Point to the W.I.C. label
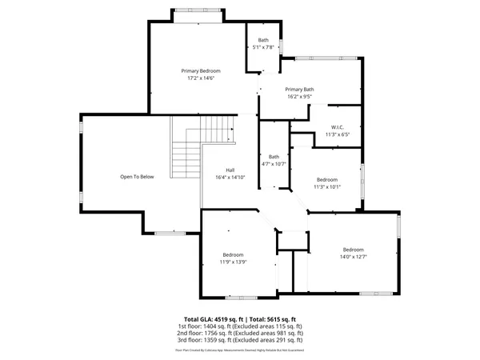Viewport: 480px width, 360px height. coord(338,127)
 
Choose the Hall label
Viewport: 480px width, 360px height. coord(230,170)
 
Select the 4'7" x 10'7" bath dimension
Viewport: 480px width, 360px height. coord(274,164)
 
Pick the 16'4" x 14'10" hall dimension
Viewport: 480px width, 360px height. coord(230,178)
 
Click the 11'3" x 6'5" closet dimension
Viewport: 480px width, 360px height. coord(338,134)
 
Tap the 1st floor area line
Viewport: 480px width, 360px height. coord(240,326)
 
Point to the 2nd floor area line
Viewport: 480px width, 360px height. coord(240,334)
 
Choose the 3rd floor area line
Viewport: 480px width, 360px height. coord(240,342)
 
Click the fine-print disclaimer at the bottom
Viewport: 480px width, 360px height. coord(240,350)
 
